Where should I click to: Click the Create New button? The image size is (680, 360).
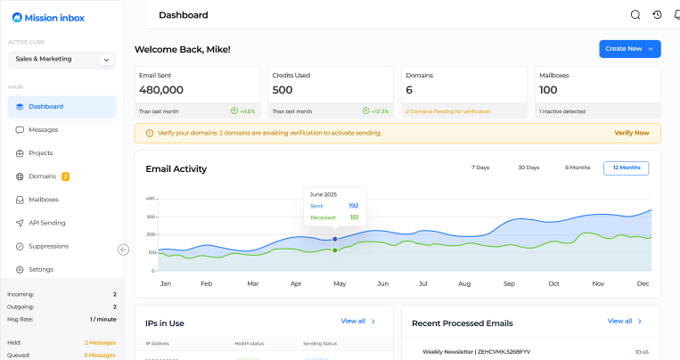(x=629, y=49)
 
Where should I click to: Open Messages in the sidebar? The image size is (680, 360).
(x=43, y=130)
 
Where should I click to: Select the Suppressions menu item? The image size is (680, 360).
(x=48, y=246)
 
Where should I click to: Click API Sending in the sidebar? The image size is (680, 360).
(x=46, y=223)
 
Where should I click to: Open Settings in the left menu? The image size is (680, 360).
(x=40, y=269)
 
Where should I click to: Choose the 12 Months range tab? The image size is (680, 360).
(x=626, y=168)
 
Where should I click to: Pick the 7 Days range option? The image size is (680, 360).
(x=480, y=168)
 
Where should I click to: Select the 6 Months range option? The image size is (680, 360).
(x=578, y=168)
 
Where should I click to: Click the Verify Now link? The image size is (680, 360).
(x=631, y=133)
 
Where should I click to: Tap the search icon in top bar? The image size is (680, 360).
(x=635, y=15)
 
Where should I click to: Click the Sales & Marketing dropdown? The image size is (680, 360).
(x=61, y=60)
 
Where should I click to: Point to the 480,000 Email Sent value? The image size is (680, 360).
(x=161, y=90)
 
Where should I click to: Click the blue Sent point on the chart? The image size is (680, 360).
(x=335, y=239)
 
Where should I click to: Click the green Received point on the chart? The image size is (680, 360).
(x=335, y=250)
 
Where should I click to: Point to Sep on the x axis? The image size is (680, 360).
(x=508, y=283)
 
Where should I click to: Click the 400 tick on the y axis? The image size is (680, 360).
(x=150, y=199)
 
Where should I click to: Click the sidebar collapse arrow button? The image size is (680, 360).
(x=124, y=250)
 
